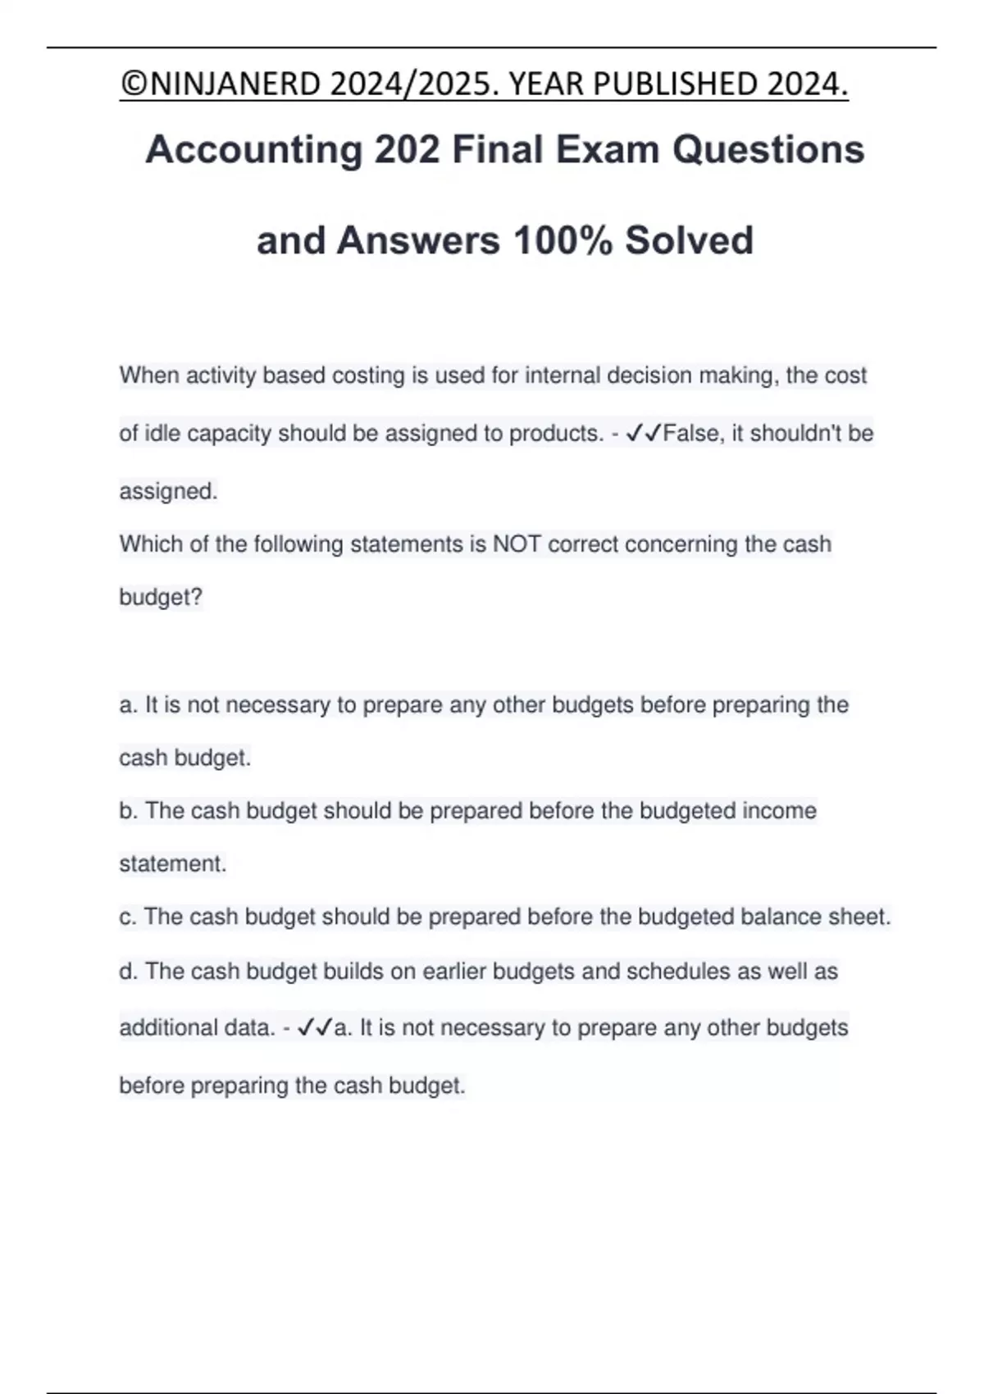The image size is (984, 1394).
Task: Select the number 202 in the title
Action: (x=407, y=150)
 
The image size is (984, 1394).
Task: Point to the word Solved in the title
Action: (x=689, y=240)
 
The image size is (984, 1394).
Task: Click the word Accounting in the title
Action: (x=253, y=150)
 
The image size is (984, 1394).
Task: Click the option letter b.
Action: (x=127, y=811)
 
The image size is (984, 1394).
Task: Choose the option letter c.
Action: (x=126, y=917)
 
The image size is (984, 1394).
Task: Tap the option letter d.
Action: (x=127, y=972)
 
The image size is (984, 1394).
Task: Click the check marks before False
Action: (x=643, y=433)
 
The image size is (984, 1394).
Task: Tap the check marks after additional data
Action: (x=315, y=1027)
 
